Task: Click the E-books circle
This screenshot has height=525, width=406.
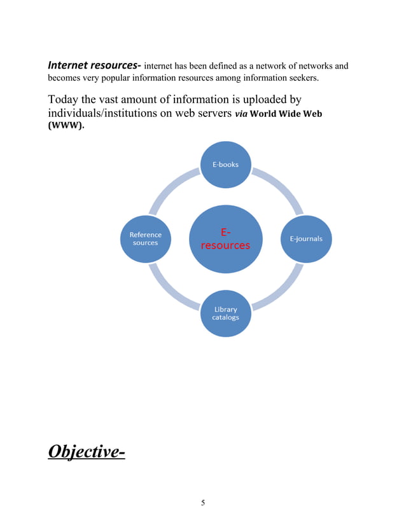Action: pos(225,165)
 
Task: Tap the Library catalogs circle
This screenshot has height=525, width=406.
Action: pos(225,313)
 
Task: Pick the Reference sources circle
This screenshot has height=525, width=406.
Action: pos(145,239)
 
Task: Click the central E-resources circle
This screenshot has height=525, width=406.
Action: pos(225,240)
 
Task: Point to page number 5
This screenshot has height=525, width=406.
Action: pos(203,503)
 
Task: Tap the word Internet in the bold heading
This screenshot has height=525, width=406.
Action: pos(70,65)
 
